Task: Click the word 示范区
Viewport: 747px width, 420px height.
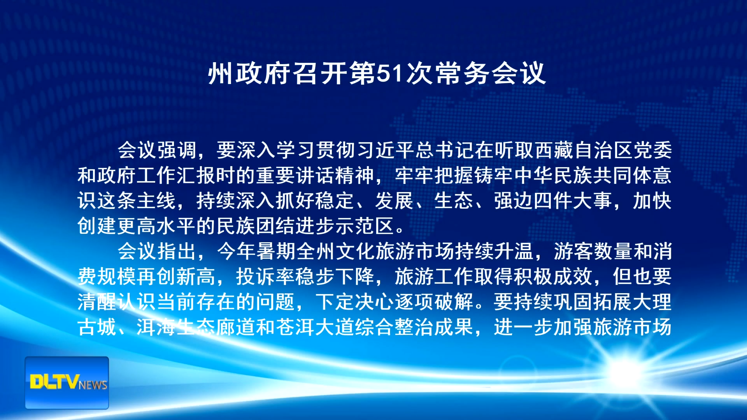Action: pos(365,226)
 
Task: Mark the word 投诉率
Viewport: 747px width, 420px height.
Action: pos(266,276)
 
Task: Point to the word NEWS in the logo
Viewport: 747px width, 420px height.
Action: pos(93,385)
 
